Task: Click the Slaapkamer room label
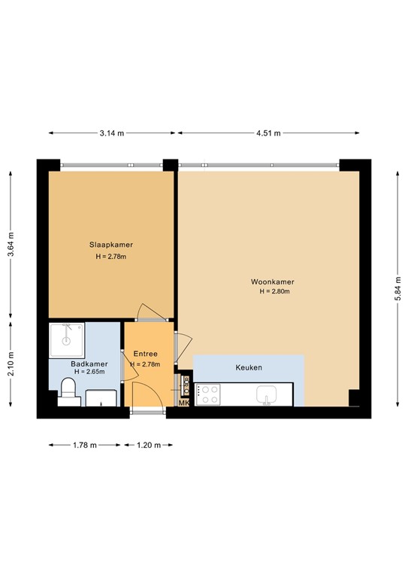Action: point(110,245)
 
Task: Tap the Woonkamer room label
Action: point(273,282)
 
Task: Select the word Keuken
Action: point(249,369)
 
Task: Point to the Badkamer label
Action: point(89,364)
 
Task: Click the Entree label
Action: point(145,354)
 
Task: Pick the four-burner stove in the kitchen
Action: point(207,394)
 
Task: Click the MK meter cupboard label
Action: point(183,404)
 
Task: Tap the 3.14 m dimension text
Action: point(112,133)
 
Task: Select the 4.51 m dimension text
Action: point(267,133)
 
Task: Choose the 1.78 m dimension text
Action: point(84,446)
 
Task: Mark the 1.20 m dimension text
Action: point(148,446)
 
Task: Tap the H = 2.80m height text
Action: point(275,292)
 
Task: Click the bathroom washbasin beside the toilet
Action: point(101,397)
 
